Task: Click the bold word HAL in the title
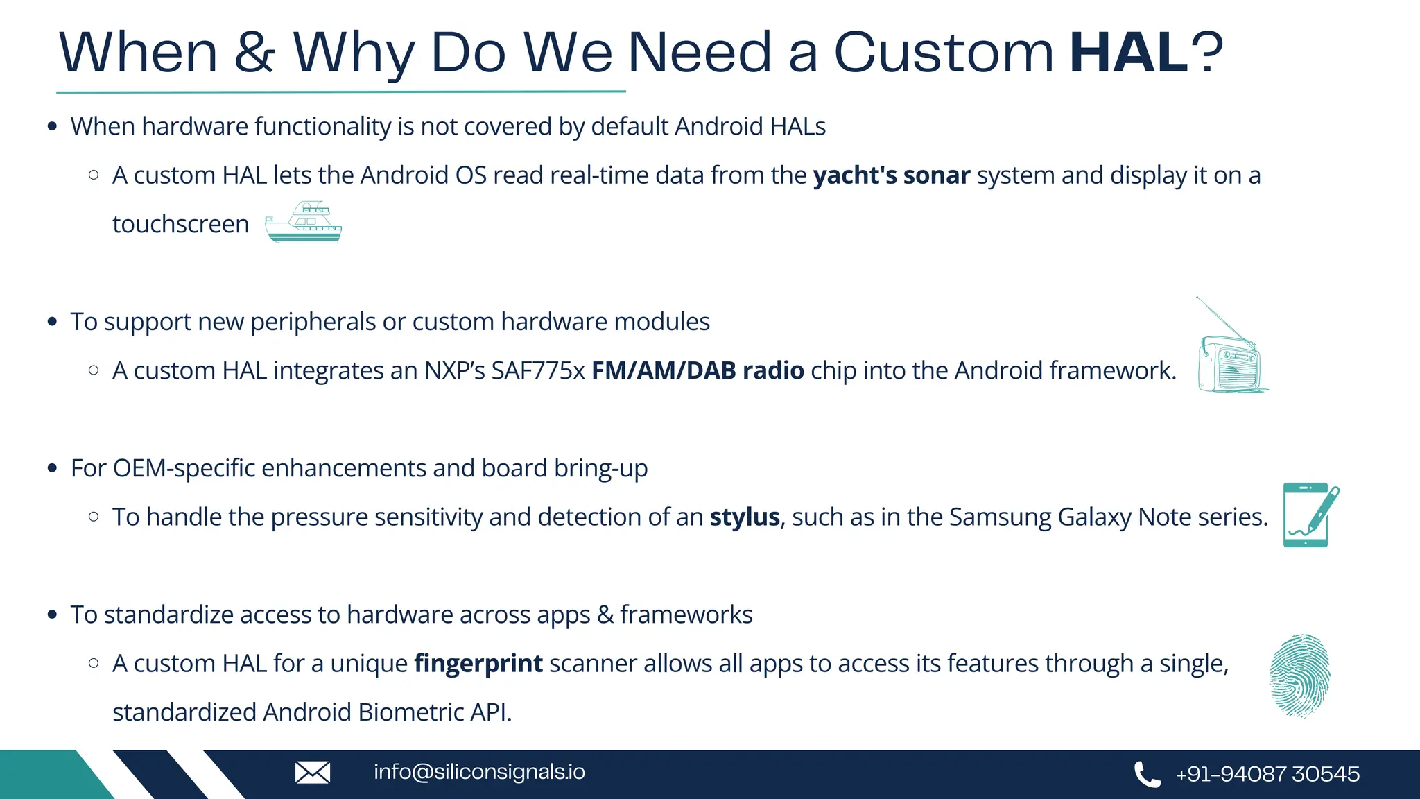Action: pyautogui.click(x=1129, y=52)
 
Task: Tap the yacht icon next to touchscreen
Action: pyautogui.click(x=304, y=223)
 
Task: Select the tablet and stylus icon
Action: pyautogui.click(x=1309, y=515)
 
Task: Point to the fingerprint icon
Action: pyautogui.click(x=1299, y=676)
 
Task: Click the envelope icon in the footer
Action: pyautogui.click(x=313, y=772)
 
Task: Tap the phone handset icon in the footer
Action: pyautogui.click(x=1147, y=774)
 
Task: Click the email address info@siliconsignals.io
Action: pyautogui.click(x=479, y=772)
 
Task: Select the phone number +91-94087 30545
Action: pyautogui.click(x=1267, y=774)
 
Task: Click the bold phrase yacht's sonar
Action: pyautogui.click(x=891, y=175)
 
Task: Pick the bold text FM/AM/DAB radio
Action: pyautogui.click(x=698, y=370)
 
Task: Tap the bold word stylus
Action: pyautogui.click(x=745, y=517)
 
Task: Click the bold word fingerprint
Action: pyautogui.click(x=478, y=664)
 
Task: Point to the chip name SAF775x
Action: pyautogui.click(x=538, y=370)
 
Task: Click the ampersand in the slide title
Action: pyautogui.click(x=254, y=52)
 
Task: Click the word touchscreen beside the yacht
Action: pyautogui.click(x=180, y=225)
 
